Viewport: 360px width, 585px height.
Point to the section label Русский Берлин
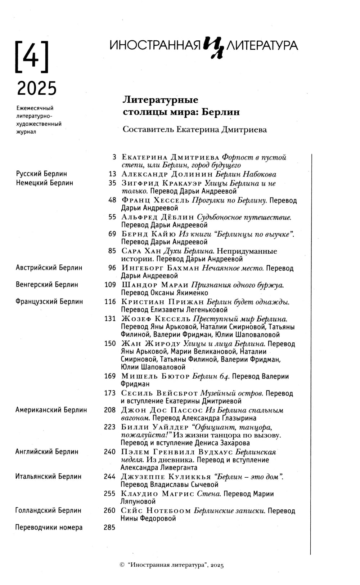click(41, 174)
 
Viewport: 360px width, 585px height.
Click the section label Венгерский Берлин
click(47, 285)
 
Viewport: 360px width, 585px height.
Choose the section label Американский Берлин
click(51, 410)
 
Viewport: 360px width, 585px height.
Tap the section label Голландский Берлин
click(48, 510)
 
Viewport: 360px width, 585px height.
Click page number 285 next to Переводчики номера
click(110, 528)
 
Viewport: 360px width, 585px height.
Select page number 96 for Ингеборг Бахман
click(112, 268)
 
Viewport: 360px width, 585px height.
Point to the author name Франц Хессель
click(155, 200)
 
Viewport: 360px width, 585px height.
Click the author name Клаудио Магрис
click(157, 494)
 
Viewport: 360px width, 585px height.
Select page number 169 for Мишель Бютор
click(110, 376)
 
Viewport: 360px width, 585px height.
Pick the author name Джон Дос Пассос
click(162, 410)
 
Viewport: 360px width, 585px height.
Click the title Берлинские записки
click(229, 511)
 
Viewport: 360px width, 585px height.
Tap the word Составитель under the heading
click(148, 130)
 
